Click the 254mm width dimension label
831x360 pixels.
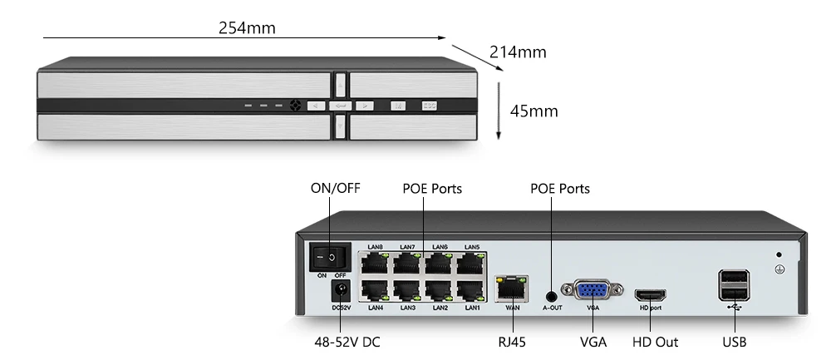tap(247, 27)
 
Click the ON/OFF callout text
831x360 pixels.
tap(336, 189)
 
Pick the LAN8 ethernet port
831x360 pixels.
tap(375, 263)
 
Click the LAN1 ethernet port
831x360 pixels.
tap(472, 292)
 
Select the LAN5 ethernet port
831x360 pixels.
tap(472, 263)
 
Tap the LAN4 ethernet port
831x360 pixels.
tap(375, 292)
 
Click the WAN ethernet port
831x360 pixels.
tap(510, 288)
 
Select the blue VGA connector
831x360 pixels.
tap(593, 292)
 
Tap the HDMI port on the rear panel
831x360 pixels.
tap(650, 294)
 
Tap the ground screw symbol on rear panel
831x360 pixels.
tap(779, 269)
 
